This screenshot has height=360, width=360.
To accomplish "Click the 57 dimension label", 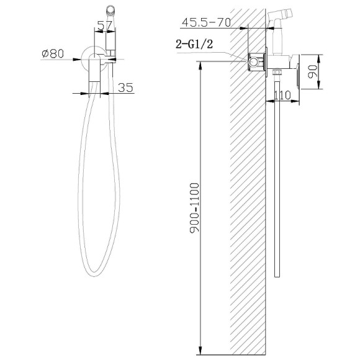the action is click(104, 25).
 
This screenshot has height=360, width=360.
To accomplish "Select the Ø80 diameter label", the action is click(53, 53).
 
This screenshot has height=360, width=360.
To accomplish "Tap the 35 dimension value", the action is click(125, 88).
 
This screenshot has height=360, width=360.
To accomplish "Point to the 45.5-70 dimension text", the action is click(206, 22).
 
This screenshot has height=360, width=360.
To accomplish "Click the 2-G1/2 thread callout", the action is click(194, 44).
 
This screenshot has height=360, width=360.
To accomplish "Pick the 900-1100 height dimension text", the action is click(194, 208).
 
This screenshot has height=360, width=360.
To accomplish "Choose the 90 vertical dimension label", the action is click(312, 71).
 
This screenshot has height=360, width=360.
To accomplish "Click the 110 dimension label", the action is click(282, 95).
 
